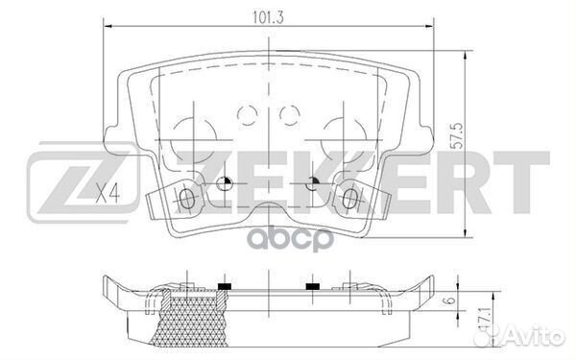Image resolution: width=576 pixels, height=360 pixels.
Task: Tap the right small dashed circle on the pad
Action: point(289,115)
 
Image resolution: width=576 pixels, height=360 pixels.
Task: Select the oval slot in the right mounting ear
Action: point(348,199)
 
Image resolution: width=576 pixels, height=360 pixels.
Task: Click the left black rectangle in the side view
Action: point(226,286)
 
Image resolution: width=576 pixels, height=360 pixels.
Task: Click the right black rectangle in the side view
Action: point(311,286)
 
